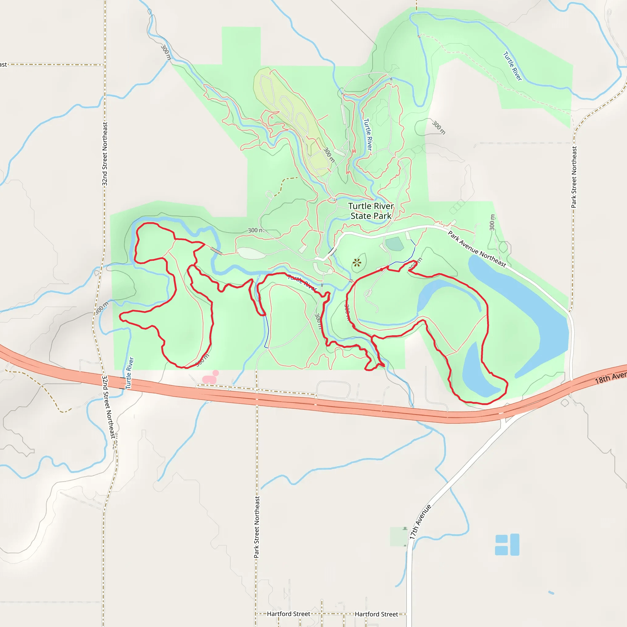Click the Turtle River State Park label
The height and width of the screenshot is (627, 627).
[371, 211]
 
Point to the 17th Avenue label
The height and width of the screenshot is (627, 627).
[420, 522]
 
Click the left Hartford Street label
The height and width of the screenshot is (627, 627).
[288, 614]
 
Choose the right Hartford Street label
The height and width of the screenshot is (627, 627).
[376, 614]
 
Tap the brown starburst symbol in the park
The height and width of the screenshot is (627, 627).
[357, 262]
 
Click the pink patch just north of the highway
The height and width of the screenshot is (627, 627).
[210, 379]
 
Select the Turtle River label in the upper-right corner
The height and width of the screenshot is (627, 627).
[512, 66]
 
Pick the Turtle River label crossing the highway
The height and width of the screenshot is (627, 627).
[130, 373]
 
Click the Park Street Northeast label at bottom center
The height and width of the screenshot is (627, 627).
[257, 527]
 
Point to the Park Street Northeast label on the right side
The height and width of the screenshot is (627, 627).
[574, 177]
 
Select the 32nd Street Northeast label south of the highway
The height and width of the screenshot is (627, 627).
[108, 407]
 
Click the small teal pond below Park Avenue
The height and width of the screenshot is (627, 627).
[395, 244]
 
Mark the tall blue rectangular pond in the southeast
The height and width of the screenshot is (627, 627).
[515, 545]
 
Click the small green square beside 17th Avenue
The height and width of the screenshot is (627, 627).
[398, 537]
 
